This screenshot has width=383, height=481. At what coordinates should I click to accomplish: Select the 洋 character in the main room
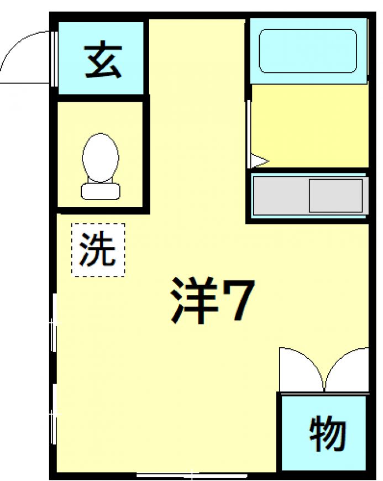pyautogui.click(x=194, y=300)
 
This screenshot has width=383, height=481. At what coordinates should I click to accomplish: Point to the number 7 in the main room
pyautogui.click(x=238, y=300)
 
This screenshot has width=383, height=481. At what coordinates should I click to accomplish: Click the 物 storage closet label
pyautogui.click(x=328, y=433)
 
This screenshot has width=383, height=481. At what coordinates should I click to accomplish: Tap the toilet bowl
pyautogui.click(x=100, y=158)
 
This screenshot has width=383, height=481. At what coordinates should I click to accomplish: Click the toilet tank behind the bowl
pyautogui.click(x=100, y=191)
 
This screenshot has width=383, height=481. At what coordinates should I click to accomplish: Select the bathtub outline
pyautogui.click(x=308, y=51)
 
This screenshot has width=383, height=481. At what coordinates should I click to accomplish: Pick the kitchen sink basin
pyautogui.click(x=336, y=196)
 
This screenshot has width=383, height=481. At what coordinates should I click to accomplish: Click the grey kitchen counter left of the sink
pyautogui.click(x=281, y=196)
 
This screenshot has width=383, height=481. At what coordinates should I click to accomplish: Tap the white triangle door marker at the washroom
pyautogui.click(x=259, y=161)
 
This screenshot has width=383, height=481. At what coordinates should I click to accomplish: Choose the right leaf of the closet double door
pyautogui.click(x=347, y=370)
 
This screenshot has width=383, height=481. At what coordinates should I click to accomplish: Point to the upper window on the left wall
pyautogui.click(x=54, y=323)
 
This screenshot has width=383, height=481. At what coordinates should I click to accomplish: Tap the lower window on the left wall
pyautogui.click(x=54, y=414)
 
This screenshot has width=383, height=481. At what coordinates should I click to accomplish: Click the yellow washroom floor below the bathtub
pyautogui.click(x=309, y=126)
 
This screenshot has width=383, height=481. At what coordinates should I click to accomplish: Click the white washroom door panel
pyautogui.click(x=249, y=134)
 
